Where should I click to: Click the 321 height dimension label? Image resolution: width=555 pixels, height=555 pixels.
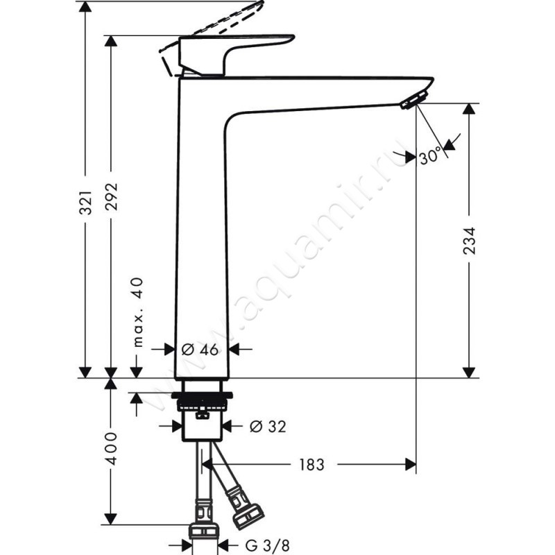click(86, 203)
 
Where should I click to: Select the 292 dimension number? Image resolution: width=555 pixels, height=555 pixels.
click(112, 197)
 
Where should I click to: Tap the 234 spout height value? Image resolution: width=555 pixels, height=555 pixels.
click(470, 241)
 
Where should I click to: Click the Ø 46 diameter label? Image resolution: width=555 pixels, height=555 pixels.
click(200, 350)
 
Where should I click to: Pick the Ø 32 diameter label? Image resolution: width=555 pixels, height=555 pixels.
click(268, 427)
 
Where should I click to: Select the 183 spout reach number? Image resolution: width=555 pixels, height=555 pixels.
click(311, 464)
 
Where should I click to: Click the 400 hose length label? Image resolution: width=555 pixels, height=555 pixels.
click(112, 448)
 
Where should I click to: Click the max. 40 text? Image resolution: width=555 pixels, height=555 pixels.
click(138, 312)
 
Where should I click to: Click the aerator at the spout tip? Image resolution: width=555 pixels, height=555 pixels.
click(413, 100)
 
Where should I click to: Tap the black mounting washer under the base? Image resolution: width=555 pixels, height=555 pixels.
click(202, 395)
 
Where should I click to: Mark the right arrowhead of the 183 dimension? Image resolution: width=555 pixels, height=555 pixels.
click(411, 464)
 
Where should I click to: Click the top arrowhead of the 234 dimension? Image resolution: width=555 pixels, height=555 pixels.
click(470, 109)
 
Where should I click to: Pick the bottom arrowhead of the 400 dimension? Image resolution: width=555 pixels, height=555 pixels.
click(111, 519)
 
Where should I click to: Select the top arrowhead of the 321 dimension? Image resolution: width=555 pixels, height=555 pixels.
click(85, 6)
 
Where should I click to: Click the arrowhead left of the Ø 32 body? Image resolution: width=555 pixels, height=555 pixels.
click(177, 426)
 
